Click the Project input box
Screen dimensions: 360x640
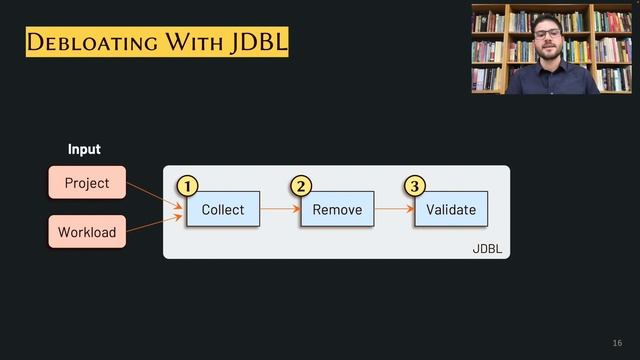pyautogui.click(x=87, y=183)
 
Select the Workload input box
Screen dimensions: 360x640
pyautogui.click(x=87, y=232)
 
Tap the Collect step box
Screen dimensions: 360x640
pyautogui.click(x=223, y=209)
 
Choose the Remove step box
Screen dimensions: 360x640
pyautogui.click(x=337, y=209)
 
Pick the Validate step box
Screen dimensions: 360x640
pyautogui.click(x=451, y=209)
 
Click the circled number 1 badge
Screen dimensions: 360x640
pyautogui.click(x=186, y=186)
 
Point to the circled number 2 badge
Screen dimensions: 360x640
pyautogui.click(x=300, y=186)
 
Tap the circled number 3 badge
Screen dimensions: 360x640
pyautogui.click(x=414, y=186)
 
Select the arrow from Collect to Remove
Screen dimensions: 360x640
pyautogui.click(x=280, y=209)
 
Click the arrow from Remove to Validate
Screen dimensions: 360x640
pyautogui.click(x=394, y=209)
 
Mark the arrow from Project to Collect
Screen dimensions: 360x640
pyautogui.click(x=156, y=195)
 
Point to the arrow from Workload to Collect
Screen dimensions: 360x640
pyautogui.click(x=156, y=224)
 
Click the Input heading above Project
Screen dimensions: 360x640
pyautogui.click(x=84, y=149)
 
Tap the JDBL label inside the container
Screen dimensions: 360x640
pyautogui.click(x=487, y=248)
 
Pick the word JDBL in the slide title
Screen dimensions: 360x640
pyautogui.click(x=259, y=42)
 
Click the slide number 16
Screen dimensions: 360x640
pyautogui.click(x=616, y=342)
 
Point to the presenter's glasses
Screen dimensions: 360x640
pyautogui.click(x=547, y=33)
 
